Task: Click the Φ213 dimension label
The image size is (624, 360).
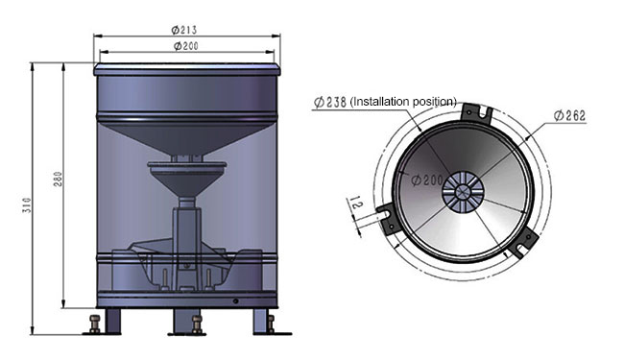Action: tap(184, 30)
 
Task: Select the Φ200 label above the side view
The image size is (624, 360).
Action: tap(186, 46)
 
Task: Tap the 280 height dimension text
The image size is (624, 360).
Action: tap(58, 179)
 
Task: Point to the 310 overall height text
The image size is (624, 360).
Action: tap(27, 205)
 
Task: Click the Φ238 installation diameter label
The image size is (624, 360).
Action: tap(330, 102)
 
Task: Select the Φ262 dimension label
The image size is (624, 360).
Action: tap(570, 116)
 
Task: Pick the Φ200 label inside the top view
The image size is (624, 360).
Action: tap(426, 180)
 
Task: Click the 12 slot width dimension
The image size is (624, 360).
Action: tap(356, 204)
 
